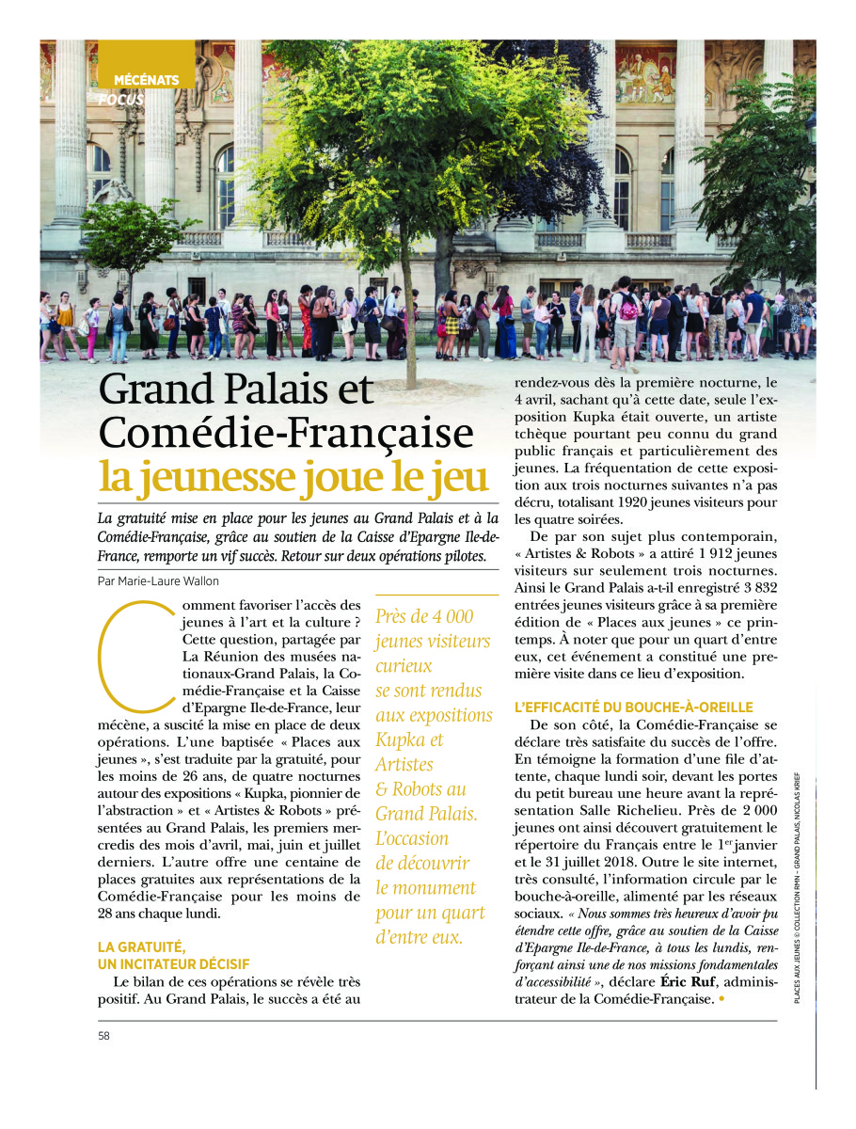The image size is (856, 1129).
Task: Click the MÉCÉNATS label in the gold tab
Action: pyautogui.click(x=146, y=80)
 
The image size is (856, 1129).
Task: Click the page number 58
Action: pyautogui.click(x=103, y=1036)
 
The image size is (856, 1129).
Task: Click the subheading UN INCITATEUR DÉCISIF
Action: pyautogui.click(x=174, y=963)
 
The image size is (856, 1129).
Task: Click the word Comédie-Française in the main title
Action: pyautogui.click(x=286, y=434)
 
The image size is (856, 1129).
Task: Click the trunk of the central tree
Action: pyautogui.click(x=410, y=320)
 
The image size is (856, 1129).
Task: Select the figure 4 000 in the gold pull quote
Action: pyautogui.click(x=452, y=616)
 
